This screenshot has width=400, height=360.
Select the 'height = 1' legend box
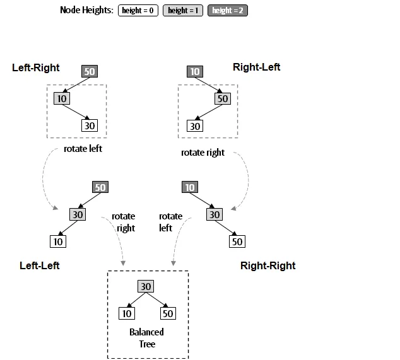tap(183, 10)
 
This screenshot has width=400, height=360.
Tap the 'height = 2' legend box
tap(228, 10)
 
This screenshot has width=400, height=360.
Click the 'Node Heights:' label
tap(87, 10)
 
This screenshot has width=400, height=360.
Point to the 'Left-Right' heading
tap(35, 67)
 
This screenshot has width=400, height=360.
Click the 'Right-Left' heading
tap(256, 67)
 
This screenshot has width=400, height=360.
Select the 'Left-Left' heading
tap(40, 265)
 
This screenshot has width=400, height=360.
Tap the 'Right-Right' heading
tap(268, 265)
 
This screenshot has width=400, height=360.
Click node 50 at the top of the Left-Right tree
tap(90, 71)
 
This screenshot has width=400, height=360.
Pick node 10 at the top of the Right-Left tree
tap(195, 71)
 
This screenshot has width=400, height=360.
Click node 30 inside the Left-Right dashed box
tap(90, 125)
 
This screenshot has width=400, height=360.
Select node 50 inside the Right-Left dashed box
tap(222, 98)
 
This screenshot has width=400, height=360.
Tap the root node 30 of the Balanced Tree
tap(146, 286)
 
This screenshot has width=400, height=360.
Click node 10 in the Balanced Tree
tap(126, 313)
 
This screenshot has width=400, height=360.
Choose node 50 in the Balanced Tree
tap(168, 313)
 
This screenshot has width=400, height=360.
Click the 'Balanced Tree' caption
tap(146, 337)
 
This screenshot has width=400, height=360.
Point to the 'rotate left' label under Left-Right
tap(83, 149)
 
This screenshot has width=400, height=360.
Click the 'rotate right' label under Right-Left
tap(203, 153)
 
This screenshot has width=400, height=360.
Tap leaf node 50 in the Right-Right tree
tap(237, 241)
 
